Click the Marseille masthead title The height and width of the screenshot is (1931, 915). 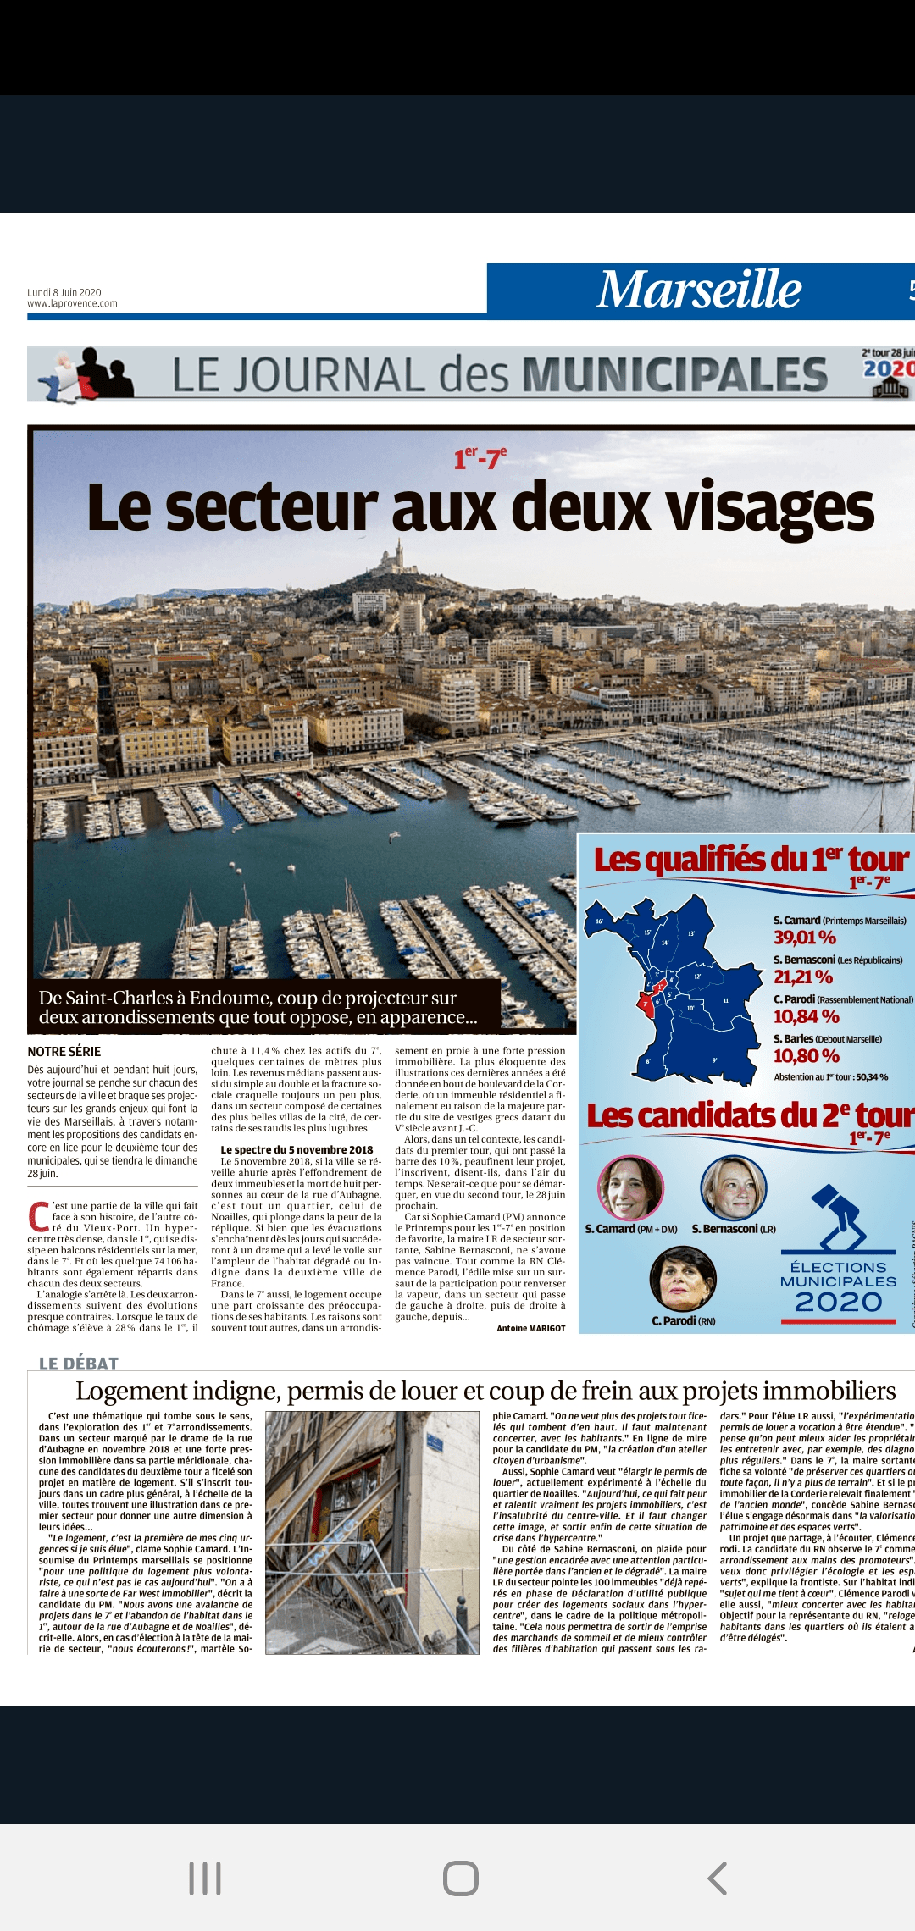click(x=699, y=290)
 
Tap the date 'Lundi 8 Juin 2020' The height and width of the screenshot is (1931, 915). click(x=64, y=292)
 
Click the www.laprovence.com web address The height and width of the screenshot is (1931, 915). click(x=72, y=304)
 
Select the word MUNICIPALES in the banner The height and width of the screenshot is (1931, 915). click(x=674, y=374)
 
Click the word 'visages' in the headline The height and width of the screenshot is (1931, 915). click(x=769, y=508)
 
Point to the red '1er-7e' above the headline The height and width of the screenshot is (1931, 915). click(x=480, y=458)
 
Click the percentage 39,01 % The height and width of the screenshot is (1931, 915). click(x=804, y=937)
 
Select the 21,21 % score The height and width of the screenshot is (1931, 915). click(x=802, y=977)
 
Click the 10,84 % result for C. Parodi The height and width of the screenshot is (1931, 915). click(x=806, y=1016)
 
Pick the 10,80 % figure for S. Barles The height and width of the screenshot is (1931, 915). click(x=806, y=1056)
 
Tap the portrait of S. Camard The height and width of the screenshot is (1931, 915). click(x=629, y=1187)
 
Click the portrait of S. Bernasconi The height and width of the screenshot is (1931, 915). click(x=733, y=1187)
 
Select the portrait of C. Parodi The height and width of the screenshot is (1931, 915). click(x=683, y=1278)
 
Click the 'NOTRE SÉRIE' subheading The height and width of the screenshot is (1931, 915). click(x=64, y=1051)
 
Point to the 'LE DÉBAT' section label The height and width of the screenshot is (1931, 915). click(x=79, y=1363)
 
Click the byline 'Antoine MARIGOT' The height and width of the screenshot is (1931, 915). click(x=530, y=1328)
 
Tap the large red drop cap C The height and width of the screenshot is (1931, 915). click(x=38, y=1216)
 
